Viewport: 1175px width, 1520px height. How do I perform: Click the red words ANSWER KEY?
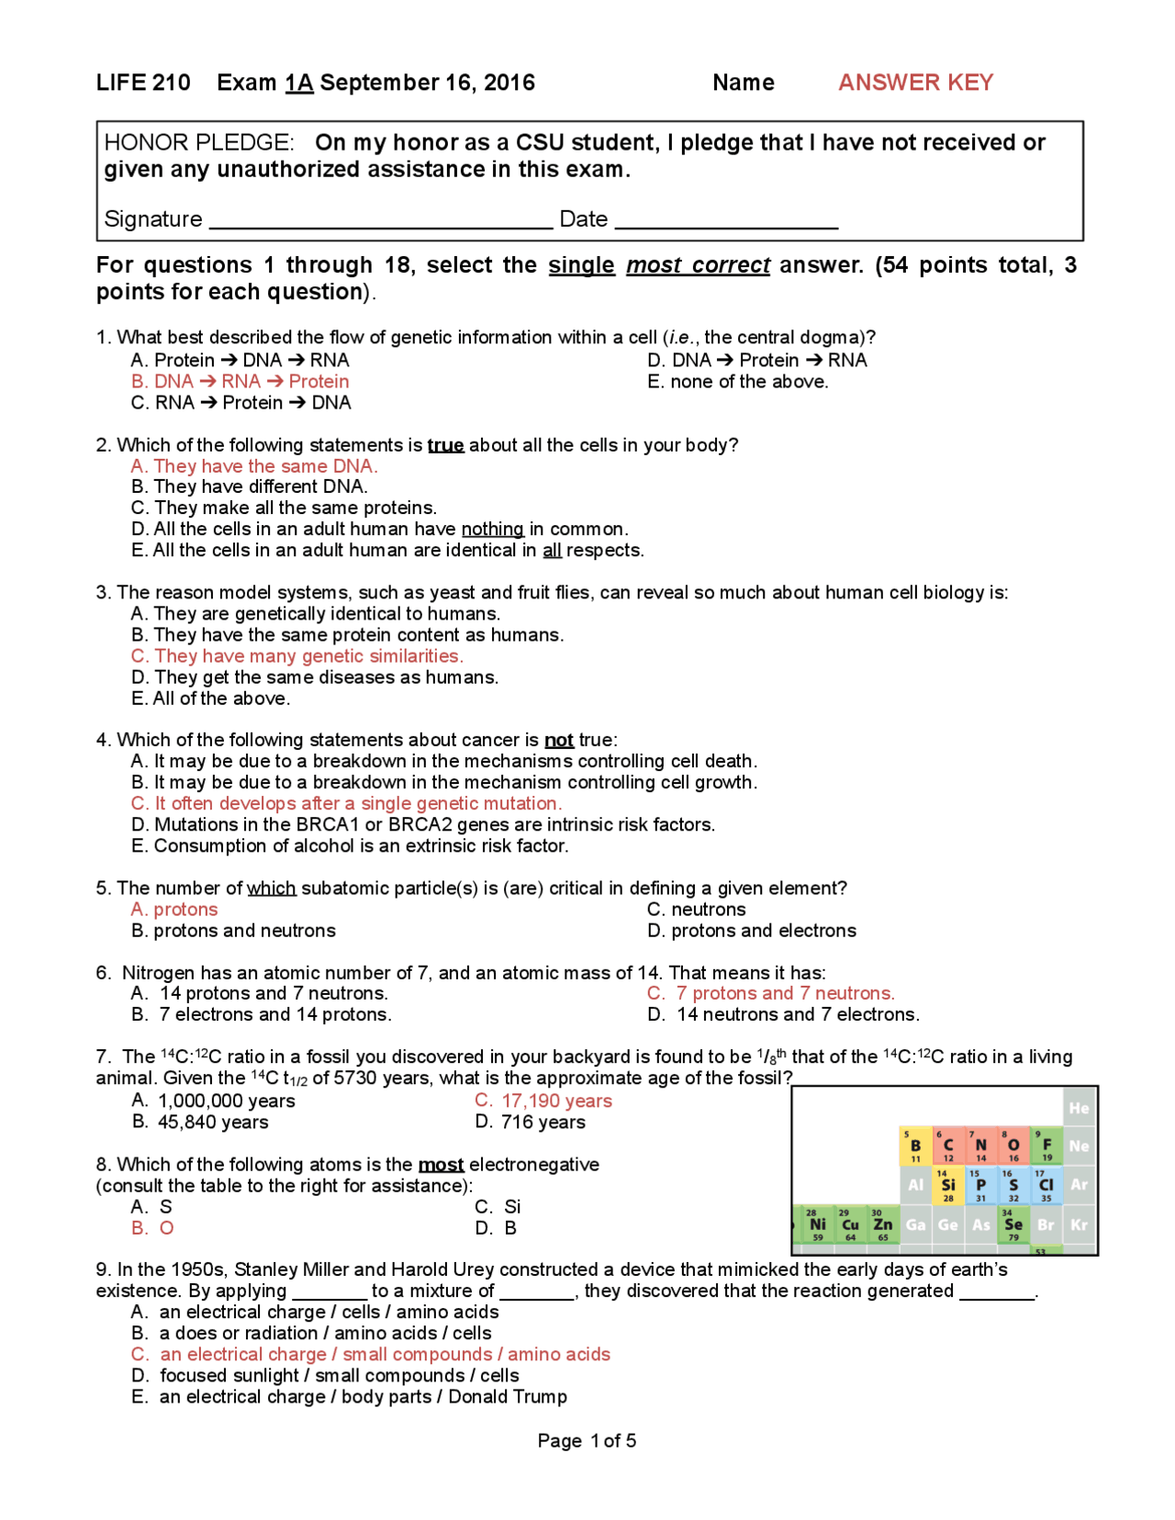915,83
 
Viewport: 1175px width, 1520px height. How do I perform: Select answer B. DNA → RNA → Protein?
240,381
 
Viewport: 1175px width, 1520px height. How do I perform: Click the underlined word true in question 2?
445,445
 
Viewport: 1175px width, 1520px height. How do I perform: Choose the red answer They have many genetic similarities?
297,655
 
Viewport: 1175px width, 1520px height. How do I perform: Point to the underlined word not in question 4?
558,740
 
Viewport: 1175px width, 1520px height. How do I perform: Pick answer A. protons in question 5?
174,909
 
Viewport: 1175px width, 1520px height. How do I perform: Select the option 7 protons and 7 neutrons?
771,993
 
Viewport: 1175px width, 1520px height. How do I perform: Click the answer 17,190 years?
543,1101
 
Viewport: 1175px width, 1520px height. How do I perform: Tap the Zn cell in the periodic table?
882,1224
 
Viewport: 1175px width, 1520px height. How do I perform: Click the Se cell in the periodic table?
1013,1224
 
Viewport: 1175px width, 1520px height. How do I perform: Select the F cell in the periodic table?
1046,1146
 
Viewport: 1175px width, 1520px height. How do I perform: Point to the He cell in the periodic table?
1079,1108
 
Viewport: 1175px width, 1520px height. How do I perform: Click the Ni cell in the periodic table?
817,1224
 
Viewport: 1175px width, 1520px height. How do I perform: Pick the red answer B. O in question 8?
152,1228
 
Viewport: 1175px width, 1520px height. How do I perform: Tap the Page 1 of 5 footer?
587,1440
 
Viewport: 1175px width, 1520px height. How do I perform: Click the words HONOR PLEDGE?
198,143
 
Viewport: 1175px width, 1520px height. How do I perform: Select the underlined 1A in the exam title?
299,83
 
